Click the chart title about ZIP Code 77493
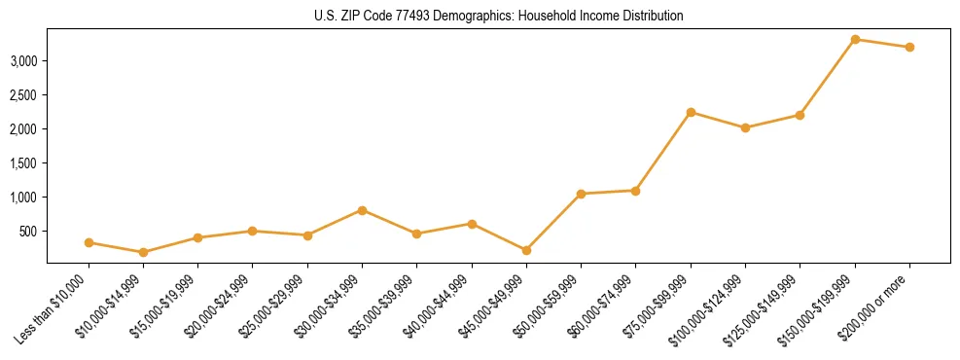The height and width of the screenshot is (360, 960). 499,16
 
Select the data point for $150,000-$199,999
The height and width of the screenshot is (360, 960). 855,39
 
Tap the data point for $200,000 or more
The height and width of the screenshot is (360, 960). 909,47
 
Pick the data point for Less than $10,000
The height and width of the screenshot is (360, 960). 89,242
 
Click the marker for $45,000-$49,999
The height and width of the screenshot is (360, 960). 526,250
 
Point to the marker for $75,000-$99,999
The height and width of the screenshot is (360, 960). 691,112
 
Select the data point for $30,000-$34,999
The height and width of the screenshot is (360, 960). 362,210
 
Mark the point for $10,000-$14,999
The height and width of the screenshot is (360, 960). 144,252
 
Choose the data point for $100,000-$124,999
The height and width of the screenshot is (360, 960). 745,127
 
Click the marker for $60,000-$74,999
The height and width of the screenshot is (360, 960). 635,191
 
